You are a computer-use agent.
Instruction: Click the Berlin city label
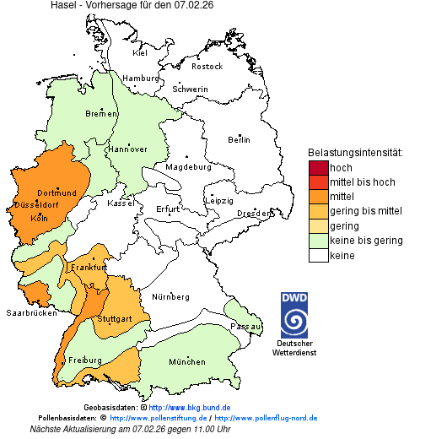tap(239, 139)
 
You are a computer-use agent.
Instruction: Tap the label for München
tap(187, 362)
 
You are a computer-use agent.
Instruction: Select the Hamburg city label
tap(141, 79)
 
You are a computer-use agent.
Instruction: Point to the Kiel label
tap(140, 52)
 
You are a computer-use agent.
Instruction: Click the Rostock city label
tap(207, 66)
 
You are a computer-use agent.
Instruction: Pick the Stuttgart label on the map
tap(115, 319)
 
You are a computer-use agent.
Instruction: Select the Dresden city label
tap(254, 214)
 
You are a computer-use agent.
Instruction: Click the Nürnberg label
tap(170, 297)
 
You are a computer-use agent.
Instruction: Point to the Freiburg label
tap(85, 360)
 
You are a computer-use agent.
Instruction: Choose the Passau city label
tap(246, 326)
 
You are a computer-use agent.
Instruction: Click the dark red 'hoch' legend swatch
tap(318, 168)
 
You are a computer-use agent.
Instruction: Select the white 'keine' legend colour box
tap(318, 256)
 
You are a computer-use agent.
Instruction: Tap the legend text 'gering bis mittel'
tap(365, 211)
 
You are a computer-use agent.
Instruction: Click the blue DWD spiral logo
tap(294, 322)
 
